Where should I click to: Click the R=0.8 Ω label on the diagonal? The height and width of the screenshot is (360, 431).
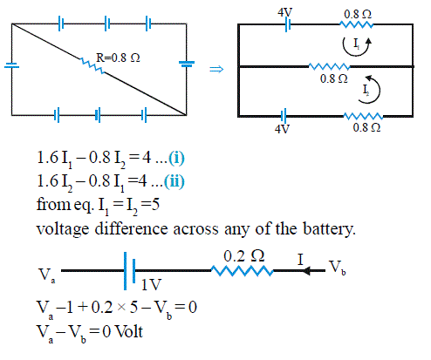[118, 58]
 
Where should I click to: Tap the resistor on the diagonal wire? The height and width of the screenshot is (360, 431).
[92, 66]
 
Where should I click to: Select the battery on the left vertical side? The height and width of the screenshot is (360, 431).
[11, 65]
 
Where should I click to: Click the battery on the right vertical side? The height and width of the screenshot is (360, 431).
[187, 64]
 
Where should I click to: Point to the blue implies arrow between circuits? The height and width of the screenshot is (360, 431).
[216, 69]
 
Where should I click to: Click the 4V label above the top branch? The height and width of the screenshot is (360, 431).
[284, 12]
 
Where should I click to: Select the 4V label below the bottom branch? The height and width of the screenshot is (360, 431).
[283, 129]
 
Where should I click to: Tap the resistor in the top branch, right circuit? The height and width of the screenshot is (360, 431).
[356, 24]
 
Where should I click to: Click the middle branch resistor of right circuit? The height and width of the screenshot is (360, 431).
[329, 66]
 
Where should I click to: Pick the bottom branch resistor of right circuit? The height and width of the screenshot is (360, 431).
[363, 116]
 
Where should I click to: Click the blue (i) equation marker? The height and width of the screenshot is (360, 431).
[176, 159]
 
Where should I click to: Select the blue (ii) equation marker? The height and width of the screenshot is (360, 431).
[174, 181]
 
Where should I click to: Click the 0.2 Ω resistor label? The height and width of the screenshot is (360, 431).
[244, 256]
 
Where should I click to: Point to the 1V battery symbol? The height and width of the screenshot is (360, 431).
[129, 271]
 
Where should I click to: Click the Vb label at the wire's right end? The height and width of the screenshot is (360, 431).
[338, 268]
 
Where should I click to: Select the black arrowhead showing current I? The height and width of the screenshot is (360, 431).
[306, 271]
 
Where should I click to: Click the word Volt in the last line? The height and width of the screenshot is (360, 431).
[129, 331]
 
